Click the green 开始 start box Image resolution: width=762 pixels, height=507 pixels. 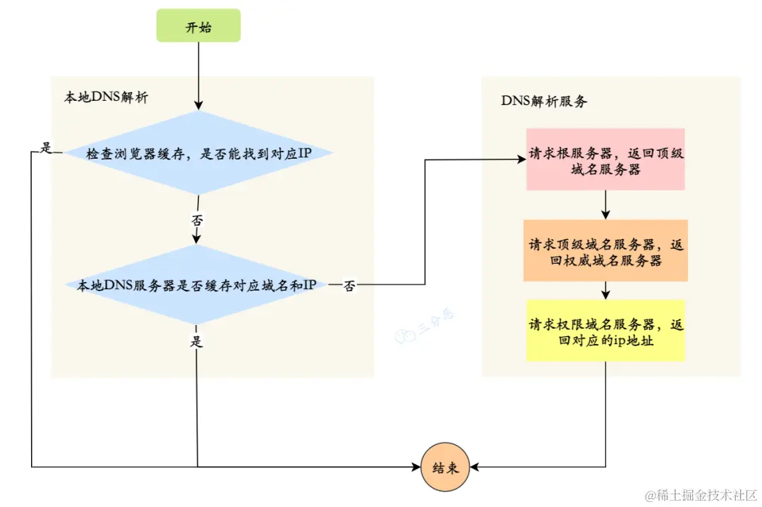pos(198,26)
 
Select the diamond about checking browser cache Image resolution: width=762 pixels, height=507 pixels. pos(198,153)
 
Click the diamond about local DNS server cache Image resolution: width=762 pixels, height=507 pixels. pos(198,285)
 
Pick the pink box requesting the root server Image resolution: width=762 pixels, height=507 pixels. pos(605,159)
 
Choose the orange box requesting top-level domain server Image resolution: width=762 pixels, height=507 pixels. pos(605,251)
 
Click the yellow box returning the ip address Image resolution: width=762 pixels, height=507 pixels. pos(605,331)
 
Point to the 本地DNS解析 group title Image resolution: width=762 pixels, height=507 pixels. pos(106,98)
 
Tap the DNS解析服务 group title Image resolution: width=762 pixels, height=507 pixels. pos(544,101)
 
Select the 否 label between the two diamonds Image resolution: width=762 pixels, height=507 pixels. pos(198,220)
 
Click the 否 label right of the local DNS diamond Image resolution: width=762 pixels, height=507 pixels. pos(349,286)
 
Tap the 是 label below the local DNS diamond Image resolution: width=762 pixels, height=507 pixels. pos(197,342)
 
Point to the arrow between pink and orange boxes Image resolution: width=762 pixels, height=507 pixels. pos(605,205)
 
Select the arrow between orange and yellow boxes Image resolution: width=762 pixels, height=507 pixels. pos(605,291)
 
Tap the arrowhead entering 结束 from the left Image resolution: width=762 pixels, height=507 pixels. pos(416,467)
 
